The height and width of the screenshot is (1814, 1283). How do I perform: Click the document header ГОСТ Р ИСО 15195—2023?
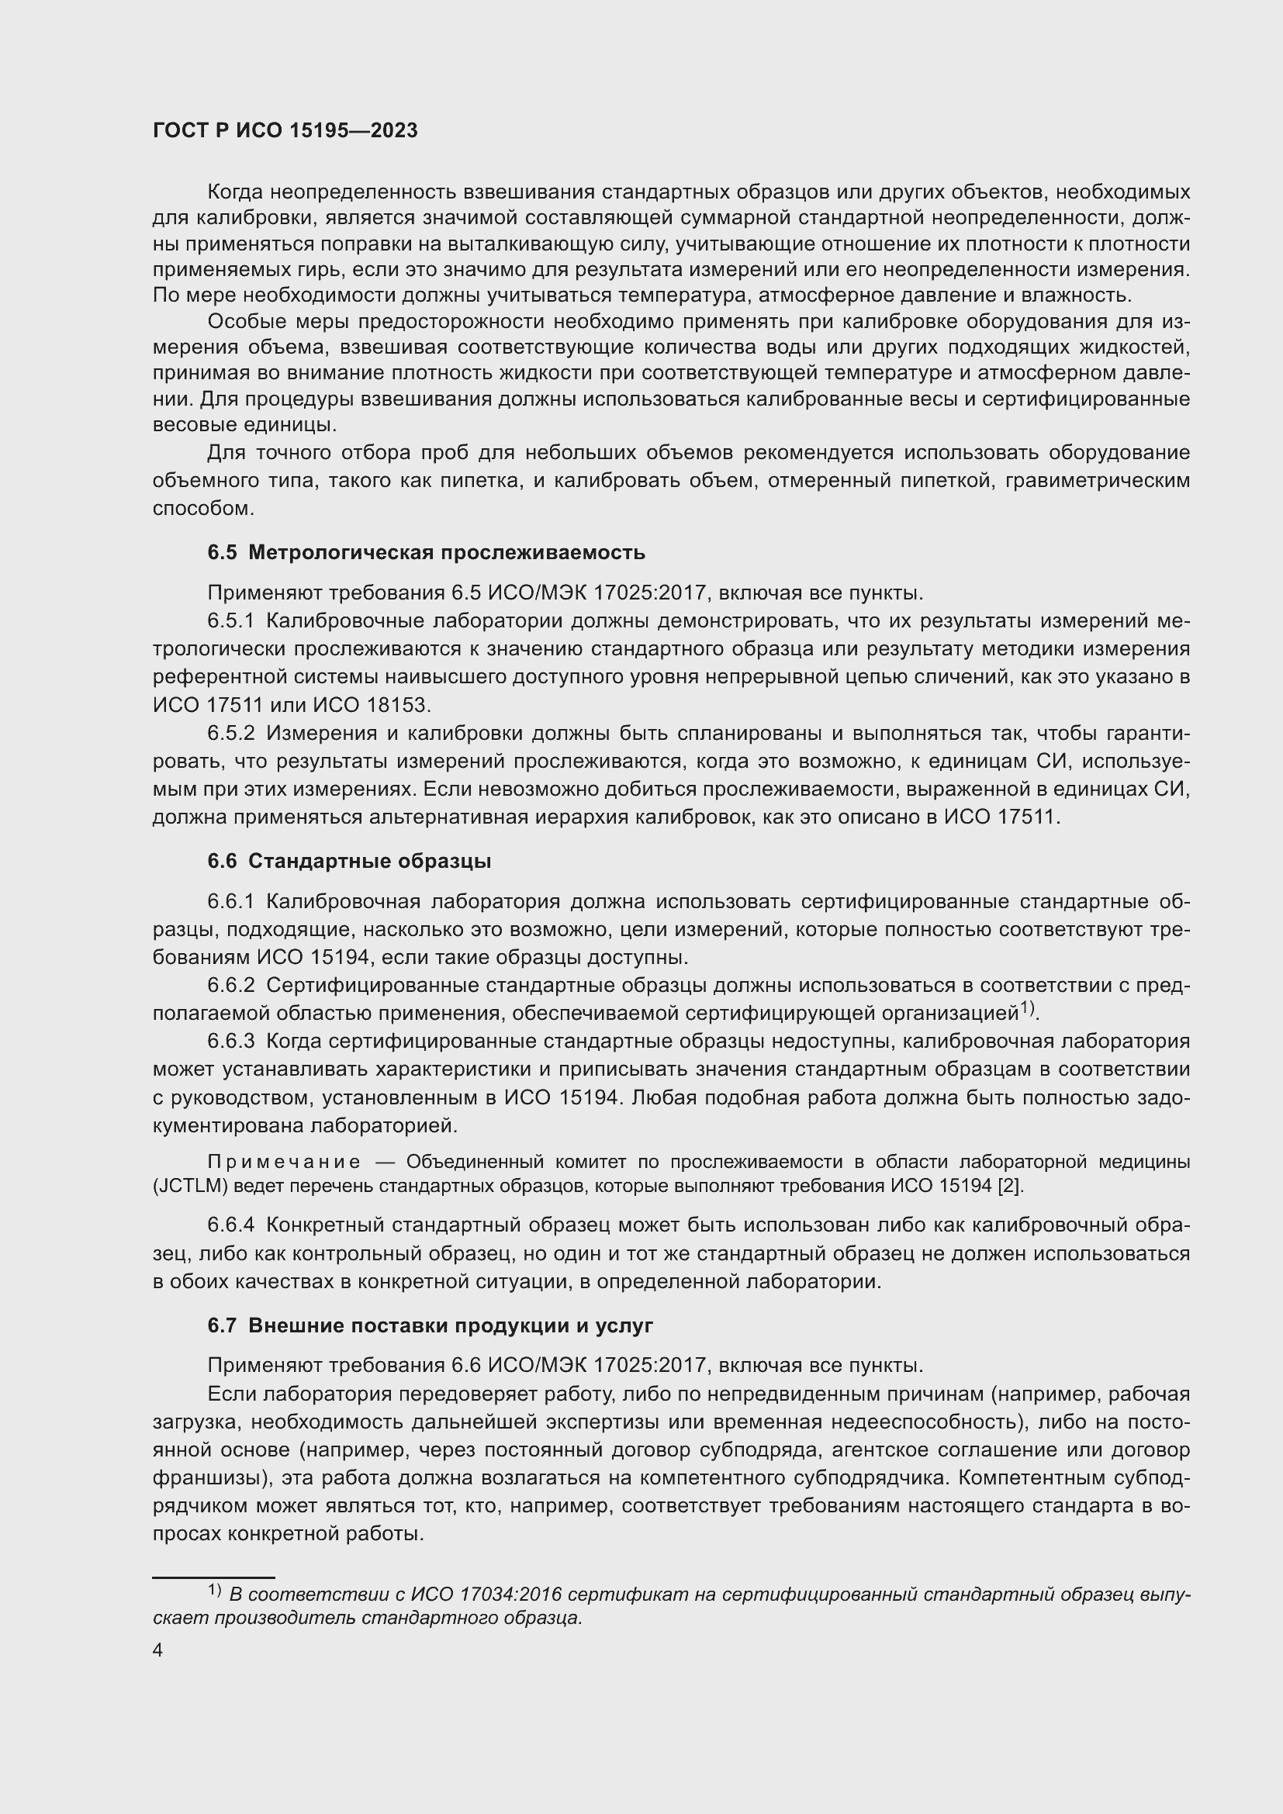click(x=285, y=131)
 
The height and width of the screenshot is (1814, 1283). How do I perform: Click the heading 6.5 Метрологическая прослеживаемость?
click(x=426, y=553)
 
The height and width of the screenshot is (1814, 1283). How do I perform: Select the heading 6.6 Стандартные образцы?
click(x=348, y=861)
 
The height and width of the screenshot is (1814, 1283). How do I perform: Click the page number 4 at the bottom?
click(x=158, y=1650)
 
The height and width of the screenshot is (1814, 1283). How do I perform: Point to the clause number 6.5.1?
click(x=230, y=621)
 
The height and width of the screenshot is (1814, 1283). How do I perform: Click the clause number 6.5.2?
click(x=230, y=733)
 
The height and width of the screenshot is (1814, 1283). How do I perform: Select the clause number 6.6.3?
click(x=230, y=1042)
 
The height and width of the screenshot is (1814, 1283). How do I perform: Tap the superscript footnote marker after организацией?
click(x=1026, y=1008)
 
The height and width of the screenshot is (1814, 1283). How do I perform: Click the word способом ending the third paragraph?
click(x=202, y=509)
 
